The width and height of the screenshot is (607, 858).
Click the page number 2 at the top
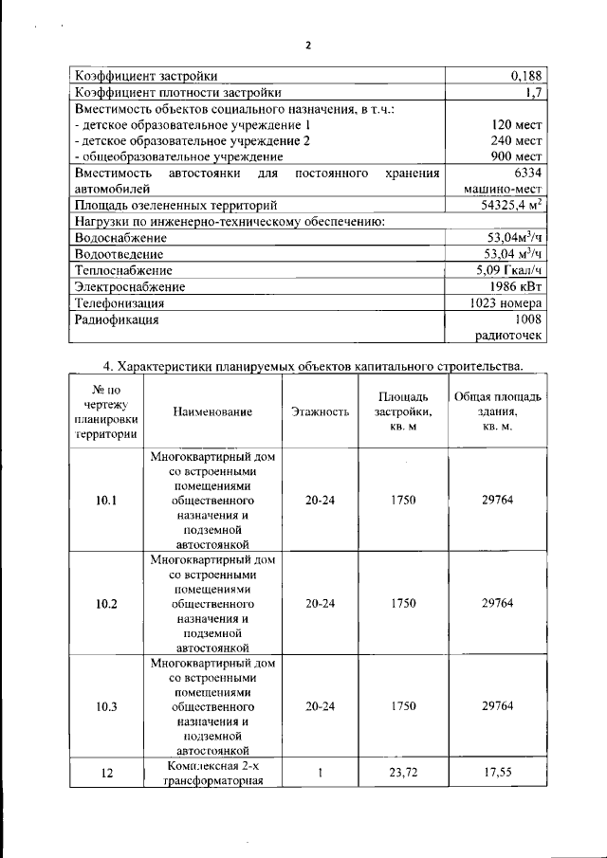tap(308, 45)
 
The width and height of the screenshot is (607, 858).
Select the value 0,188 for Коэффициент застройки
tap(525, 76)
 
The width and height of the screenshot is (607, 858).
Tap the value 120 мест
tap(517, 125)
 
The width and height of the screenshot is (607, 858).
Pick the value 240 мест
tap(517, 140)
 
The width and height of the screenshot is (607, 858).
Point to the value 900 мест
tap(517, 156)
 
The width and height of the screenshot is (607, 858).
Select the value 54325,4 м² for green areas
tap(511, 205)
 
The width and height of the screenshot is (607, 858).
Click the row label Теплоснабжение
tap(122, 270)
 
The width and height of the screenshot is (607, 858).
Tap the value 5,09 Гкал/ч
tap(510, 270)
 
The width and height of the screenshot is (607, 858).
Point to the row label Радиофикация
tap(117, 319)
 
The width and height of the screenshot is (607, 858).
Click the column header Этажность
tap(320, 411)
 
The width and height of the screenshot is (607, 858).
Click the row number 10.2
tap(107, 603)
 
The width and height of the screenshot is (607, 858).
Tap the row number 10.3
tap(107, 706)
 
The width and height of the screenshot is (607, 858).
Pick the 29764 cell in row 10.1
tap(497, 501)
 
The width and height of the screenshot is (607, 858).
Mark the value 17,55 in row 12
tap(497, 773)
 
